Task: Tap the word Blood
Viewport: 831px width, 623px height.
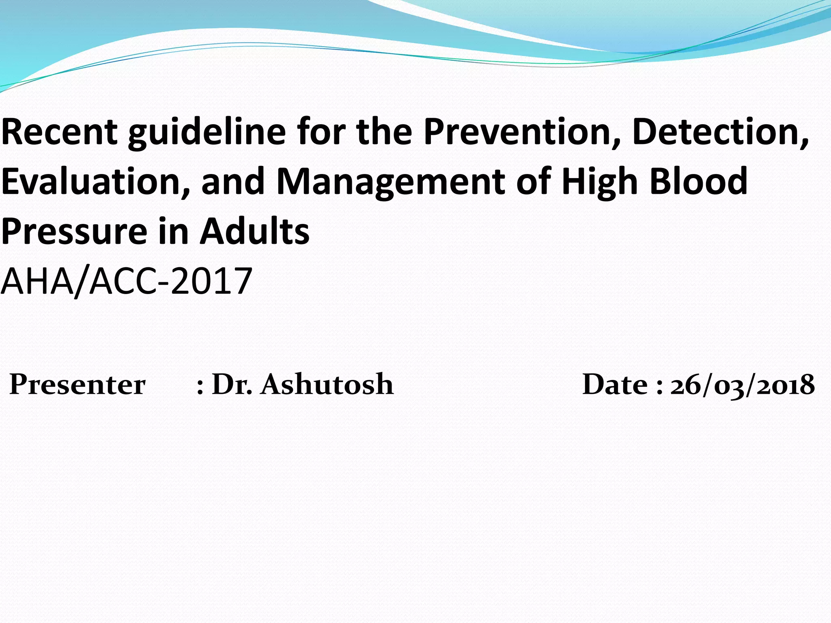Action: coord(698,181)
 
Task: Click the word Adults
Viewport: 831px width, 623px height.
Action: coord(254,231)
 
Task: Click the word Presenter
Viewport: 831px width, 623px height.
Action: coord(77,384)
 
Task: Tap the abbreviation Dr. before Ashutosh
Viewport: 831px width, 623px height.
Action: coord(232,384)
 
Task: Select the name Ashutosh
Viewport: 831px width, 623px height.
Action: coord(327,384)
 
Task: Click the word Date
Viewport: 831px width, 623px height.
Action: coord(615,384)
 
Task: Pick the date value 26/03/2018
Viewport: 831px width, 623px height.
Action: coord(742,385)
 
